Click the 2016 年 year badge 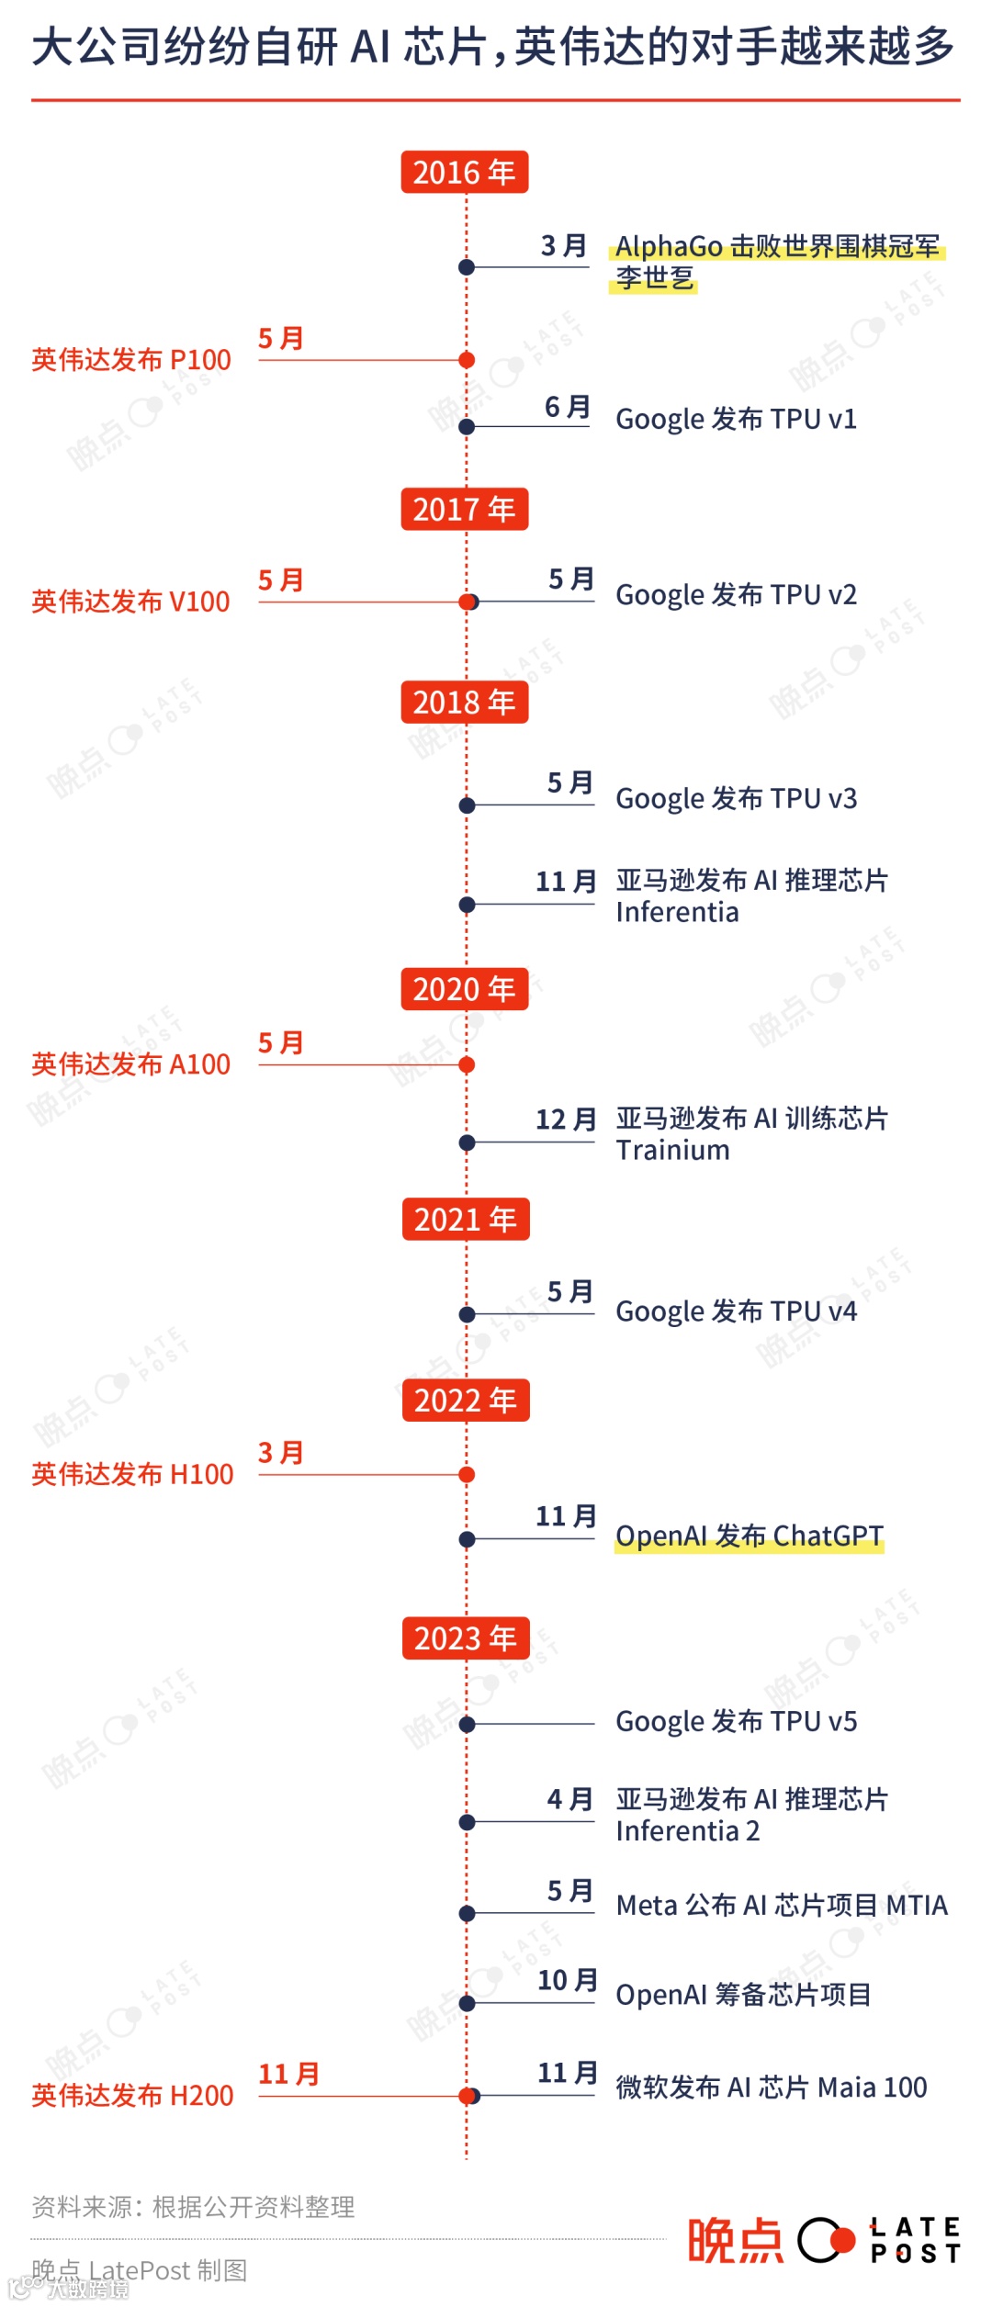464,172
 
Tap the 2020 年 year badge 464,989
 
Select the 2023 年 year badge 466,1638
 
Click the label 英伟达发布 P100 131,360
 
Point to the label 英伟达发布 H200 132,2096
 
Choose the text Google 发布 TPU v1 736,420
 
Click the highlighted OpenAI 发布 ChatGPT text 749,1536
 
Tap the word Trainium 672,1151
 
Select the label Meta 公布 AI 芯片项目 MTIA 782,1906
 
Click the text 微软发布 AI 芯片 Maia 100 771,2088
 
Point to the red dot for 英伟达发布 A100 467,1065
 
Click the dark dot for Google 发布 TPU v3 467,805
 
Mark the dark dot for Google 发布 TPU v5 467,1724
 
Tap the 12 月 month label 566,1120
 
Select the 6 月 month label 567,407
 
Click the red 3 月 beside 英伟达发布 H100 280,1453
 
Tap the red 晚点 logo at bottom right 735,2240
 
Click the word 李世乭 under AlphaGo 654,278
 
